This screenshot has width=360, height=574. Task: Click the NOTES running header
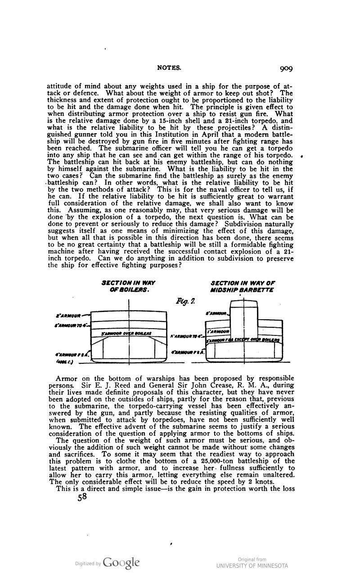169,68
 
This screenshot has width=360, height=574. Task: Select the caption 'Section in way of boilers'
129,286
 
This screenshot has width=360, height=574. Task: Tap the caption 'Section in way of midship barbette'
243,286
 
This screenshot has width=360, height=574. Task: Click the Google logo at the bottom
121,563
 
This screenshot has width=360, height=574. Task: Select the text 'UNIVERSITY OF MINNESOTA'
252,566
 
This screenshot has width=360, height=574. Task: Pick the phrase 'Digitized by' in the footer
88,563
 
